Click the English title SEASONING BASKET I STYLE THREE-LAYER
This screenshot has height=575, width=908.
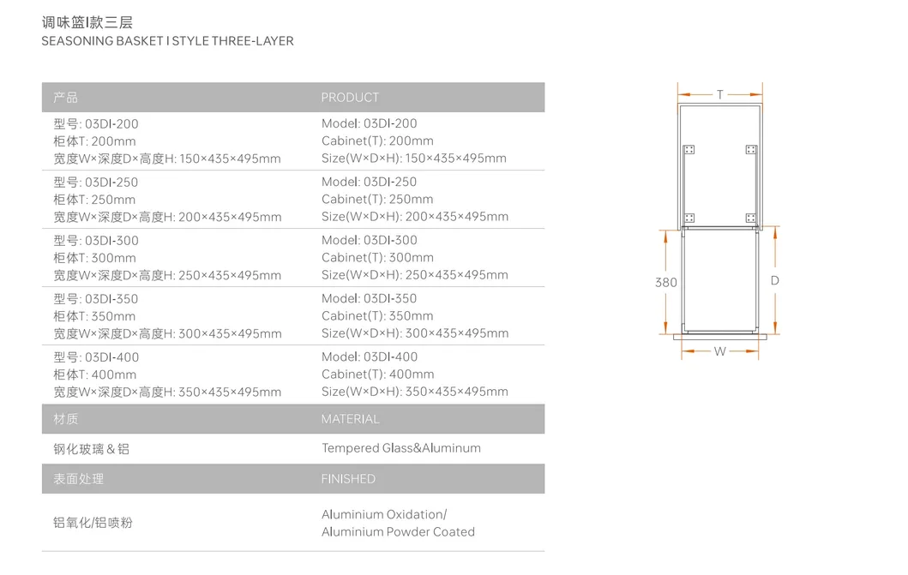(x=167, y=41)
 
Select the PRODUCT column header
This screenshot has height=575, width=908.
(x=350, y=98)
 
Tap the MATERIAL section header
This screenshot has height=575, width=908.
(x=350, y=419)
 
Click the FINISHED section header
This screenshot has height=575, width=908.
(x=348, y=479)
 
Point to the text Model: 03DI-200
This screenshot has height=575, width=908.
(x=370, y=123)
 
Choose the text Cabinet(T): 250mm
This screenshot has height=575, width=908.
(x=377, y=199)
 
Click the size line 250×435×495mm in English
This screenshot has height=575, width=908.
(x=415, y=275)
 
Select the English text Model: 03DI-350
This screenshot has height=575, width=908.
(x=370, y=298)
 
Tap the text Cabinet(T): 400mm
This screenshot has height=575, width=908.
(x=377, y=374)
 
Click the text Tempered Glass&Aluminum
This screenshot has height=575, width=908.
(x=401, y=448)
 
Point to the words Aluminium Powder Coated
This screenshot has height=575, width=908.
(x=398, y=532)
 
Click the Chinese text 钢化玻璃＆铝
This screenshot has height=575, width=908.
(x=92, y=449)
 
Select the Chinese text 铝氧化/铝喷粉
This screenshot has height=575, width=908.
(x=93, y=523)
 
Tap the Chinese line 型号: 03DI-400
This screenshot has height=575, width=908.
(x=96, y=357)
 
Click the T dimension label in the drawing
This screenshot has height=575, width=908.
(x=720, y=95)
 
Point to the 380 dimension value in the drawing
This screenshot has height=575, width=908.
(x=666, y=283)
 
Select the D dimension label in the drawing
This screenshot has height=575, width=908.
(x=774, y=281)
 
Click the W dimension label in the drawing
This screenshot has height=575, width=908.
(x=720, y=351)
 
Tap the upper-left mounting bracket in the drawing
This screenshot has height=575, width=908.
(x=689, y=150)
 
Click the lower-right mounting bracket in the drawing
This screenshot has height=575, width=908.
(x=751, y=218)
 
